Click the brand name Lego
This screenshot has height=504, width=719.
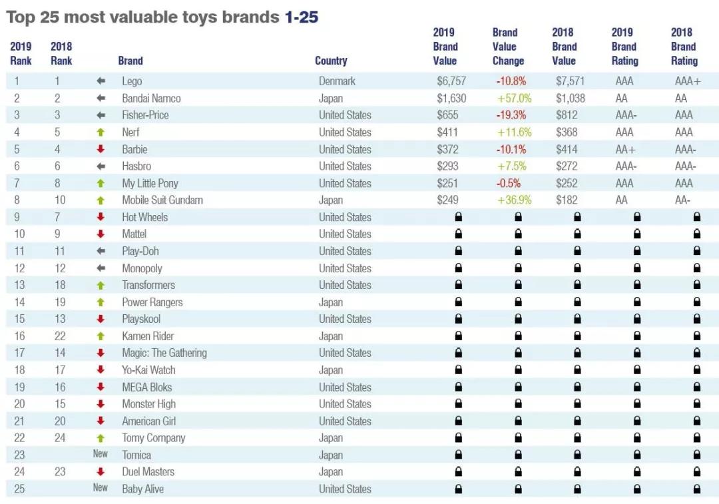pos(132,81)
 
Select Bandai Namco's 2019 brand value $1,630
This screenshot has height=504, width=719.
pos(452,98)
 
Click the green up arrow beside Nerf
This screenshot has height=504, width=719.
pos(101,132)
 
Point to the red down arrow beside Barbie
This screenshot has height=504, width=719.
pos(101,149)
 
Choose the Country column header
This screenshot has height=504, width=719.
pos(331,61)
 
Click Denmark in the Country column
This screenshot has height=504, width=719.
pos(337,81)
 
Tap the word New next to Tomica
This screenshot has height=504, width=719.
pos(101,455)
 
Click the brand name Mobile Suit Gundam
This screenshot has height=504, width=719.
pos(162,200)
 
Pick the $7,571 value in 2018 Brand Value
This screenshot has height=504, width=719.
pos(571,81)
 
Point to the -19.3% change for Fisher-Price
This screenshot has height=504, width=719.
pos(511,115)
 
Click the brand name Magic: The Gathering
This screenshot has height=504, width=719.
pos(164,353)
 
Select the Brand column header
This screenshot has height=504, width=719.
pos(130,61)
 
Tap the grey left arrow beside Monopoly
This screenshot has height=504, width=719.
pos(101,268)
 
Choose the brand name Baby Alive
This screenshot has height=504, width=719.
pos(142,489)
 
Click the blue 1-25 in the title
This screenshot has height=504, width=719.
pos(302,17)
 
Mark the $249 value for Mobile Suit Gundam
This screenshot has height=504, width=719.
pos(448,200)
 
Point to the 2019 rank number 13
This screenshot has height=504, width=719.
pos(17,285)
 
